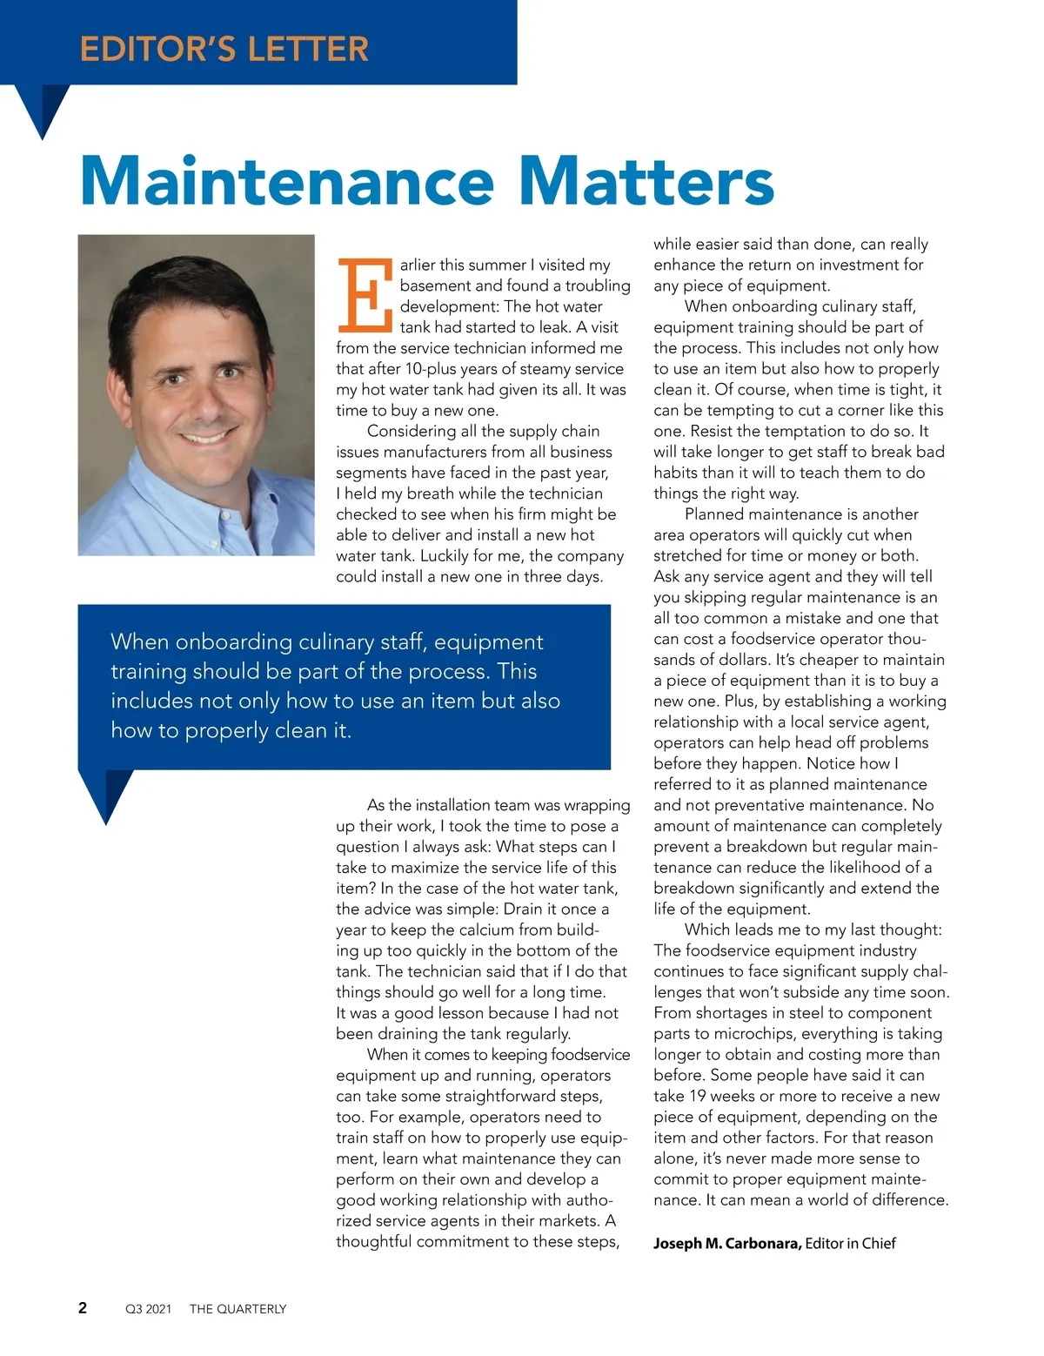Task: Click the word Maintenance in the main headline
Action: (x=287, y=181)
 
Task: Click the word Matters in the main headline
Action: (x=646, y=181)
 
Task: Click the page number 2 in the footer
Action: (x=83, y=1307)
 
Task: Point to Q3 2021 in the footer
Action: (x=149, y=1309)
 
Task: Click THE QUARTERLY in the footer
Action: (x=238, y=1309)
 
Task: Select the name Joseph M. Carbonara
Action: (x=727, y=1243)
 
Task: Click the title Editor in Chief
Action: (x=850, y=1243)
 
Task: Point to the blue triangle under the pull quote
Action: (x=106, y=794)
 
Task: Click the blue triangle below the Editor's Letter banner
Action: (x=42, y=109)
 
